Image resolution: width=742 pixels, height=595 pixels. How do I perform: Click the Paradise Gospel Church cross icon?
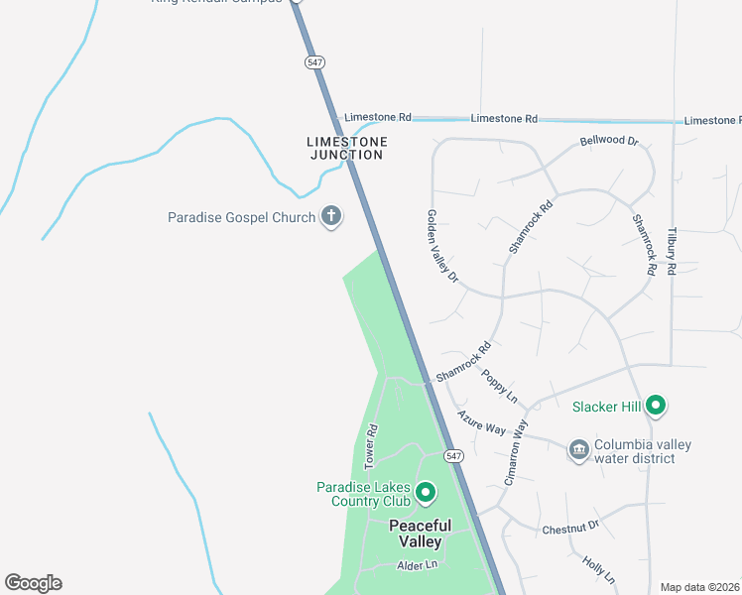pos(331,217)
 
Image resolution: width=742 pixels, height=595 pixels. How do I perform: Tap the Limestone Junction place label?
pos(345,148)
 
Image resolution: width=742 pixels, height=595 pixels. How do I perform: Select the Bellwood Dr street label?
pos(609,141)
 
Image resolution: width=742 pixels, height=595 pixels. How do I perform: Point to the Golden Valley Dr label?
pos(442,247)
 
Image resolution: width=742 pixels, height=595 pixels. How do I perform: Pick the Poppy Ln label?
pos(500,386)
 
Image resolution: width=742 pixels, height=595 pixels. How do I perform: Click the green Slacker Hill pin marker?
pos(655,405)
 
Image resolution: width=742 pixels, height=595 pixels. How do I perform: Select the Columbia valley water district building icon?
pos(578,451)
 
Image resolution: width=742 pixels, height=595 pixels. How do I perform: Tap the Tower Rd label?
pos(372,446)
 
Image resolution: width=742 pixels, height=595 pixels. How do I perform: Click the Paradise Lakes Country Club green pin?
pos(426,492)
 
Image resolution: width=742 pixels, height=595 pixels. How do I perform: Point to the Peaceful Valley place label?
pos(420,534)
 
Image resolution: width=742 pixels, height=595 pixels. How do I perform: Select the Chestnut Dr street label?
pos(571,530)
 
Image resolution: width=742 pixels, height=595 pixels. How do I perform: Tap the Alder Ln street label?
pos(417,565)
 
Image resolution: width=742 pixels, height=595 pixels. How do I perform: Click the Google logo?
pos(33,583)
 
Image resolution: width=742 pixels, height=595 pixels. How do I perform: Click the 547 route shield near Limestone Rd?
pos(315,61)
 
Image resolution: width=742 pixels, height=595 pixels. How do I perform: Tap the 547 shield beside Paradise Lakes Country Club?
pos(453,456)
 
